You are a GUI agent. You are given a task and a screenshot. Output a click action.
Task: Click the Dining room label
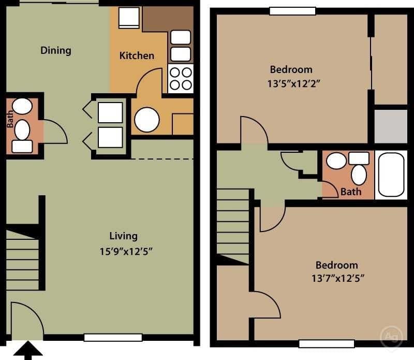tap(56, 50)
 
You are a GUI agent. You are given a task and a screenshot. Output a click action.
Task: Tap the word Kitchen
tap(137, 55)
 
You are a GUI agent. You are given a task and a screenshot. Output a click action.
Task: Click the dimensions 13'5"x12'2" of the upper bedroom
tap(291, 84)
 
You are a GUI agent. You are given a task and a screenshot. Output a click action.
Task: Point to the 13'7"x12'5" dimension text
tap(338, 278)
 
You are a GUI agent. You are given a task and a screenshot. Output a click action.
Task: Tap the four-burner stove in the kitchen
tap(181, 79)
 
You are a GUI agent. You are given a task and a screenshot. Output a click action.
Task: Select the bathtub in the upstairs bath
tap(391, 175)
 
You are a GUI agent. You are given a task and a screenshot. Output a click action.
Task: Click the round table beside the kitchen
tap(147, 120)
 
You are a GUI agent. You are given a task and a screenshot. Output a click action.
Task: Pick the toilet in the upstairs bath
tap(359, 171)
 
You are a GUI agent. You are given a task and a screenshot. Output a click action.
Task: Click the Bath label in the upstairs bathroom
tap(351, 192)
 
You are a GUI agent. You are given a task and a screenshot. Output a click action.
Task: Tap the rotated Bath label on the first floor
tap(10, 121)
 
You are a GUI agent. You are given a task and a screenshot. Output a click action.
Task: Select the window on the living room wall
tap(113, 338)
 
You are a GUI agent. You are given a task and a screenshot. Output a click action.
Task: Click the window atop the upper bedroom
tap(292, 11)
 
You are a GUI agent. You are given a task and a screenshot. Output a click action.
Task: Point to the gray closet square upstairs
tap(390, 126)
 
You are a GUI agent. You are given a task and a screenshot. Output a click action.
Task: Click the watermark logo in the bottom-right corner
tap(391, 337)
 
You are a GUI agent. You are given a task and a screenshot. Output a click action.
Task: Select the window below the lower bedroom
tap(327, 343)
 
